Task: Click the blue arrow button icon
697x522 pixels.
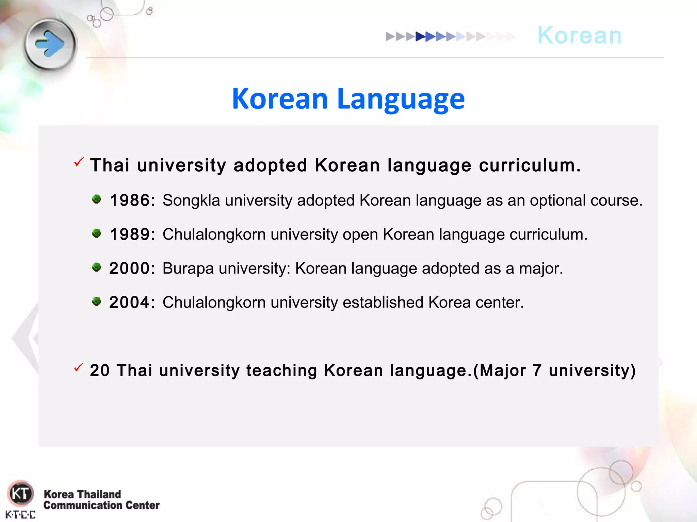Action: pyautogui.click(x=50, y=45)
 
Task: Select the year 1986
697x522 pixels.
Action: pyautogui.click(x=130, y=200)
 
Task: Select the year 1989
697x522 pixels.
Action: pyautogui.click(x=130, y=234)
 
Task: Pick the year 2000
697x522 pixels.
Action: pyautogui.click(x=130, y=268)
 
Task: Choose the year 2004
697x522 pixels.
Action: pyautogui.click(x=130, y=302)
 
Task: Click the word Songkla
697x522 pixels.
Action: pyautogui.click(x=191, y=201)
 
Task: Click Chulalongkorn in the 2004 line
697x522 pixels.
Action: pyautogui.click(x=214, y=302)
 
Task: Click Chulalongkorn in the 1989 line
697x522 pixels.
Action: pyautogui.click(x=214, y=234)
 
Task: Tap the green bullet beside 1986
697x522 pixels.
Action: pyautogui.click(x=97, y=199)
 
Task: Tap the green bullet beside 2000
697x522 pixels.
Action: pyautogui.click(x=97, y=267)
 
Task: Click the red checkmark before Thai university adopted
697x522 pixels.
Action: pyautogui.click(x=79, y=162)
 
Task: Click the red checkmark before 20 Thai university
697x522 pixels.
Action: pyautogui.click(x=79, y=367)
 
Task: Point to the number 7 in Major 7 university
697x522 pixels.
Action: pyautogui.click(x=537, y=370)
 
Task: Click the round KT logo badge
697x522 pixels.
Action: pyautogui.click(x=20, y=493)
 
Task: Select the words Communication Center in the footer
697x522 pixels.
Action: pyautogui.click(x=101, y=505)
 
